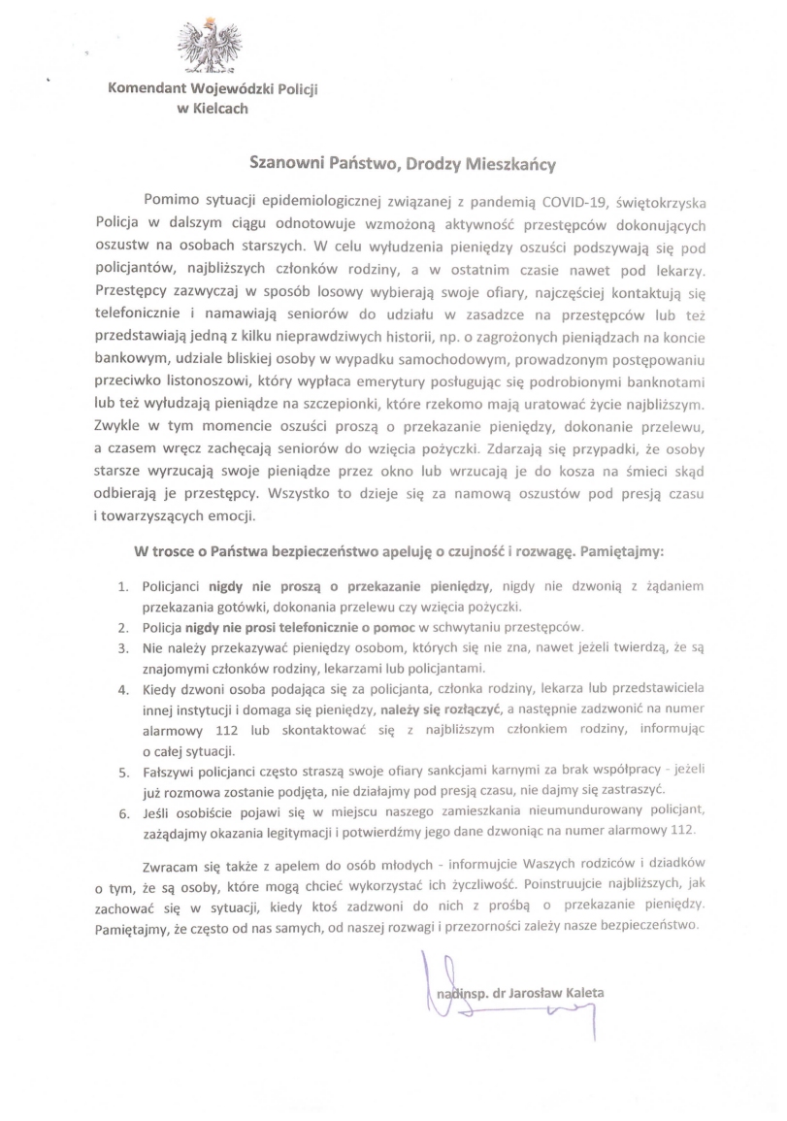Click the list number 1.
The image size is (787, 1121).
coord(123,588)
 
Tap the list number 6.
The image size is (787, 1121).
coord(123,809)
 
